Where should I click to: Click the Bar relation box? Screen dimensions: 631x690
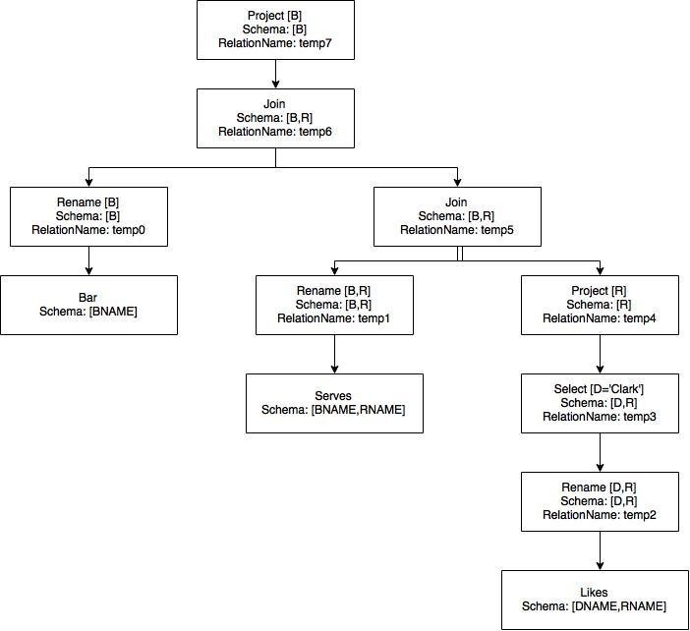[88, 305]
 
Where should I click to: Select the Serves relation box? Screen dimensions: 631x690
[334, 403]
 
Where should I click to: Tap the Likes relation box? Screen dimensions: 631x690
[594, 600]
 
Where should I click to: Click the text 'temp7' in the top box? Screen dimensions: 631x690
[324, 45]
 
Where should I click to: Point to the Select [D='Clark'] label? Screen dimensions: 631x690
[600, 389]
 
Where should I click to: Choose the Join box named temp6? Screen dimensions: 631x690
[275, 118]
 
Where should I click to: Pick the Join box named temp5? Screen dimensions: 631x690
[456, 216]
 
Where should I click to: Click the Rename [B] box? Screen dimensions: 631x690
[88, 216]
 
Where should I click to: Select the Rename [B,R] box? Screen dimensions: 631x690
[334, 305]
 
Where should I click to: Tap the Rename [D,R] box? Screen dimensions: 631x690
[600, 501]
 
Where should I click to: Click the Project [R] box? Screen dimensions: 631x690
[600, 305]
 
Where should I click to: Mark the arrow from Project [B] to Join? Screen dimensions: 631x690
[275, 74]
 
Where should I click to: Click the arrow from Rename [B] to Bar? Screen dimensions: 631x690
[88, 260]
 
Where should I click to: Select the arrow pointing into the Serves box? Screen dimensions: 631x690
[334, 354]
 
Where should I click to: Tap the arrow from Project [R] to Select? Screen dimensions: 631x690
[600, 354]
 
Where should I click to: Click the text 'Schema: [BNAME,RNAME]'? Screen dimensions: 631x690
[333, 410]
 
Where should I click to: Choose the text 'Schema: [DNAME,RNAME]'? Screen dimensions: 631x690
[594, 606]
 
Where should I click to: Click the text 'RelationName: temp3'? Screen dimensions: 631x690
[600, 417]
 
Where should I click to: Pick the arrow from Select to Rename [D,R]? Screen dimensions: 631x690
[600, 452]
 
